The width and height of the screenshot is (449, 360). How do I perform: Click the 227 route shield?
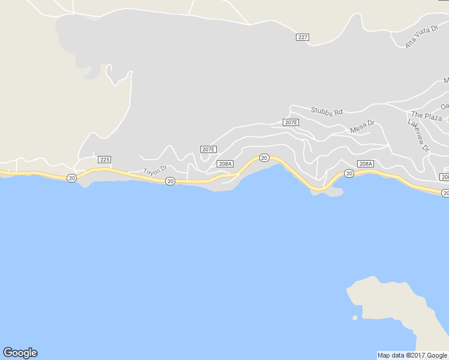coord(303,37)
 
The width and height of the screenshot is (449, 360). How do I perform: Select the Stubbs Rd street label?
coord(326,111)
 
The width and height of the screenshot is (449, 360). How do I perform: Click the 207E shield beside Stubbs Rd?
coord(291,122)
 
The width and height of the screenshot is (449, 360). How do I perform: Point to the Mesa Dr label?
coord(362,127)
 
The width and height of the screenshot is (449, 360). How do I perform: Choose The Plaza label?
coord(426,115)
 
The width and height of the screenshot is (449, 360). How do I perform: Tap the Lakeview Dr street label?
coord(418,134)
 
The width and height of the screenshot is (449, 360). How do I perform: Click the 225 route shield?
coord(104,160)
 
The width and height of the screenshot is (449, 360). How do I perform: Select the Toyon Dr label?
coord(154,171)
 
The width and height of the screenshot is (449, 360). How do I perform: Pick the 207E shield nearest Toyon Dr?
coord(208,149)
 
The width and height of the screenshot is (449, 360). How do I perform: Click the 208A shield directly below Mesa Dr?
coord(365,163)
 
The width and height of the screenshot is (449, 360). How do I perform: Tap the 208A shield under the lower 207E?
coord(225,163)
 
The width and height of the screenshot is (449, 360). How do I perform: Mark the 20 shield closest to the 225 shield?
coord(72,178)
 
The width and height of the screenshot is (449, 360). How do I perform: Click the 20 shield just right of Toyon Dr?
coord(170,181)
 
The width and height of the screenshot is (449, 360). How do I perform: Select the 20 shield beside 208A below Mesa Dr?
coord(349,173)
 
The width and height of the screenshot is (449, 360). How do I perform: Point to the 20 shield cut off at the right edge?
coord(445,193)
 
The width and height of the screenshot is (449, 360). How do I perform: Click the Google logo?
coord(20,353)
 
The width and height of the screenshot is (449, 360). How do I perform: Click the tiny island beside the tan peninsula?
coord(355,317)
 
